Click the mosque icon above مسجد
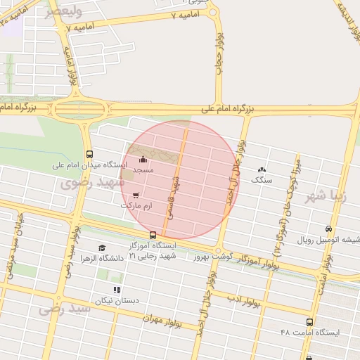(143, 160)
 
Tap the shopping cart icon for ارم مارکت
(136, 195)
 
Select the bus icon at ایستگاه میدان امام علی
(89, 154)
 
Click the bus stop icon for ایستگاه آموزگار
(153, 235)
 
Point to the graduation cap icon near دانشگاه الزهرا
(102, 248)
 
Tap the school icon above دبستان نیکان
(117, 290)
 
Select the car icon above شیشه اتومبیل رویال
(328, 229)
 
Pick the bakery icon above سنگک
(262, 169)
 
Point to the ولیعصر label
(63, 12)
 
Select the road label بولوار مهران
(164, 318)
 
